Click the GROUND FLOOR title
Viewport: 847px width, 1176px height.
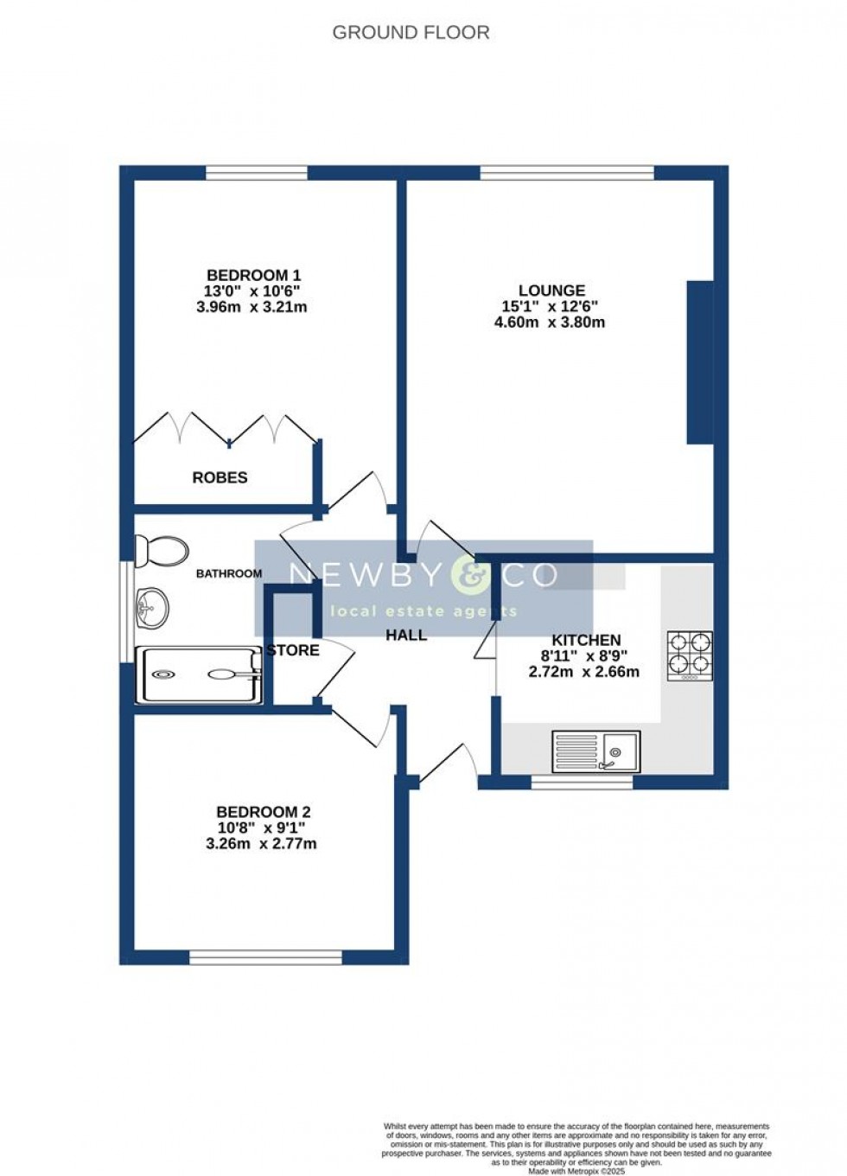(x=411, y=33)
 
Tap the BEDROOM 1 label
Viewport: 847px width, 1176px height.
(x=252, y=274)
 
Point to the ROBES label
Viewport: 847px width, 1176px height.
(x=220, y=477)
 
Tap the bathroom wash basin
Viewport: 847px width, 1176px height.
(x=152, y=605)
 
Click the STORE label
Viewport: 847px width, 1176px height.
(x=294, y=650)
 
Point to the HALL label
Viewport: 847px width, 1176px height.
(x=406, y=636)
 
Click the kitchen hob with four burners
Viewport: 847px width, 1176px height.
(x=690, y=655)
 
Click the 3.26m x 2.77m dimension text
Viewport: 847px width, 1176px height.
(x=261, y=843)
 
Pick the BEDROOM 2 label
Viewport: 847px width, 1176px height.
(x=263, y=812)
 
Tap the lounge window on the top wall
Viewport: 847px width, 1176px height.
(x=566, y=172)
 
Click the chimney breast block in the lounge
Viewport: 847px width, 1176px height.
(x=699, y=362)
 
